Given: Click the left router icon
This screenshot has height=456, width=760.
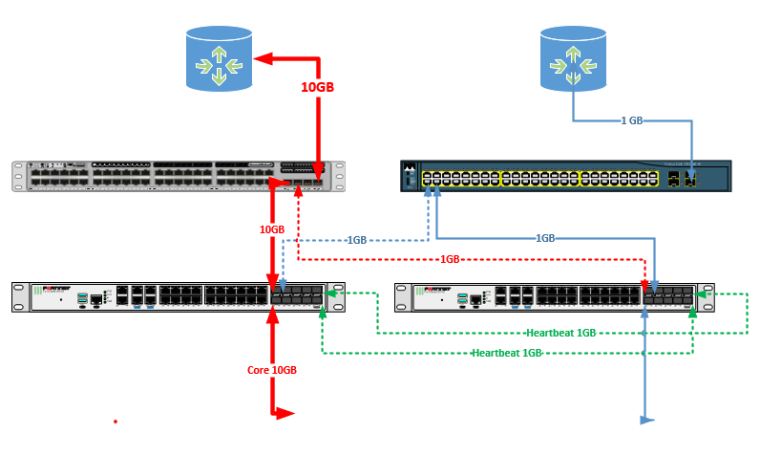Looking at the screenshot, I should [219, 59].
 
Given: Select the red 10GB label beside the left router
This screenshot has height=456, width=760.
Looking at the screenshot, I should [318, 87].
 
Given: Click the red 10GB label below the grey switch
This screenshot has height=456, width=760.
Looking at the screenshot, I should [272, 229].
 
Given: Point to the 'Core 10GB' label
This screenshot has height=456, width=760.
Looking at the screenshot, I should [272, 370].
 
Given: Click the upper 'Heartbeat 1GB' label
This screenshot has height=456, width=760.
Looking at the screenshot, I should [561, 333].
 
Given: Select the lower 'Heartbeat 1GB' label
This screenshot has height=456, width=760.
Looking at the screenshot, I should [507, 353].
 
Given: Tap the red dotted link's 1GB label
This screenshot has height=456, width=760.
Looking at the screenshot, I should [451, 259].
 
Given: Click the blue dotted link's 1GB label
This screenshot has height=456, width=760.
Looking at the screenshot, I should [356, 239].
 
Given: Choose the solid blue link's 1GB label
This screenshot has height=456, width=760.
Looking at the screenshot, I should [545, 238].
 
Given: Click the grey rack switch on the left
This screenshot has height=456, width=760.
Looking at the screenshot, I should [176, 177].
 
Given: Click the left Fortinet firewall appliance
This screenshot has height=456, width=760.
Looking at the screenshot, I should [176, 296].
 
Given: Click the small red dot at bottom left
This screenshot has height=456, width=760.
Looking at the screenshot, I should [116, 421].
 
